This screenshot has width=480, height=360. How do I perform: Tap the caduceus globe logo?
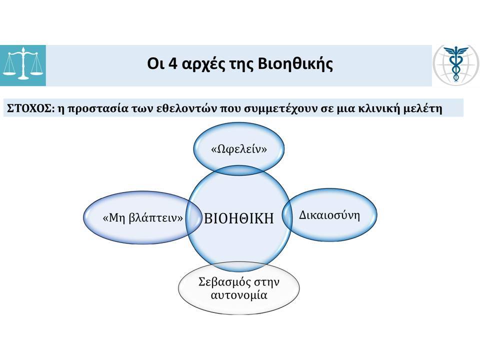click(456, 64)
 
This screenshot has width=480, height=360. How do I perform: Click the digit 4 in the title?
click(173, 64)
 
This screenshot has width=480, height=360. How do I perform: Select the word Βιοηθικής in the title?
click(295, 64)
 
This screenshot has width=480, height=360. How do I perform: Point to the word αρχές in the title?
click(201, 65)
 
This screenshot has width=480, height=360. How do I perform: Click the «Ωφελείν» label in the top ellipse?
click(239, 149)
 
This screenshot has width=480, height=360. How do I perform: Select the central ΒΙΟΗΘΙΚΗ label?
click(239, 218)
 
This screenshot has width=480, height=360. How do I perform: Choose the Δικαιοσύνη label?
click(329, 215)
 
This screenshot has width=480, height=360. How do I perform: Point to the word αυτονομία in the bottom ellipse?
click(239, 295)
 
